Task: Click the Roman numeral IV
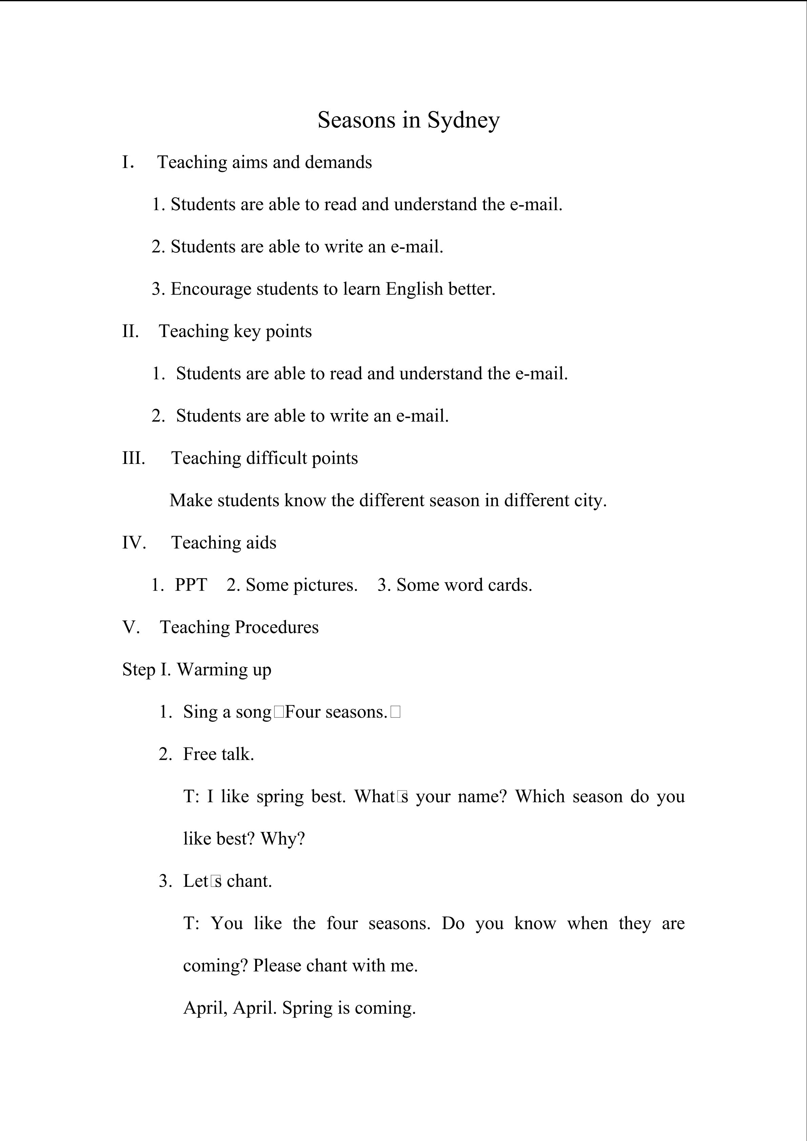pos(134,543)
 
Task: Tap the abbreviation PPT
pos(191,585)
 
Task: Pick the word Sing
pos(200,712)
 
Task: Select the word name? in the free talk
pos(482,797)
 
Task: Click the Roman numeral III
pos(134,458)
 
